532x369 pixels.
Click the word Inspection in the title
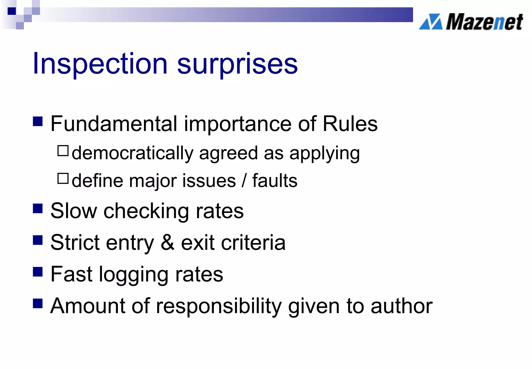pyautogui.click(x=100, y=64)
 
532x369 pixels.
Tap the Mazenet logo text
pyautogui.click(x=484, y=22)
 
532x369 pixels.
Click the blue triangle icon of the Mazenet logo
pyautogui.click(x=431, y=22)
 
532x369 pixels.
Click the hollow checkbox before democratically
pyautogui.click(x=63, y=151)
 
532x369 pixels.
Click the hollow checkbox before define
pyautogui.click(x=63, y=179)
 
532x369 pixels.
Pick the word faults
pyautogui.click(x=275, y=180)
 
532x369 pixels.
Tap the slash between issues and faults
pyautogui.click(x=244, y=180)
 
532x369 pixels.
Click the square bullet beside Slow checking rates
pyautogui.click(x=38, y=208)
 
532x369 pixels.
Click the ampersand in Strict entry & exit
pyautogui.click(x=167, y=243)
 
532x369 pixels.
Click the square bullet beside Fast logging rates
pyautogui.click(x=38, y=272)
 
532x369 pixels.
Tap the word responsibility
pyautogui.click(x=219, y=306)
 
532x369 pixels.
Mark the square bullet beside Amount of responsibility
pyautogui.click(x=38, y=303)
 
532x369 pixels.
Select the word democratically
pyautogui.click(x=132, y=153)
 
